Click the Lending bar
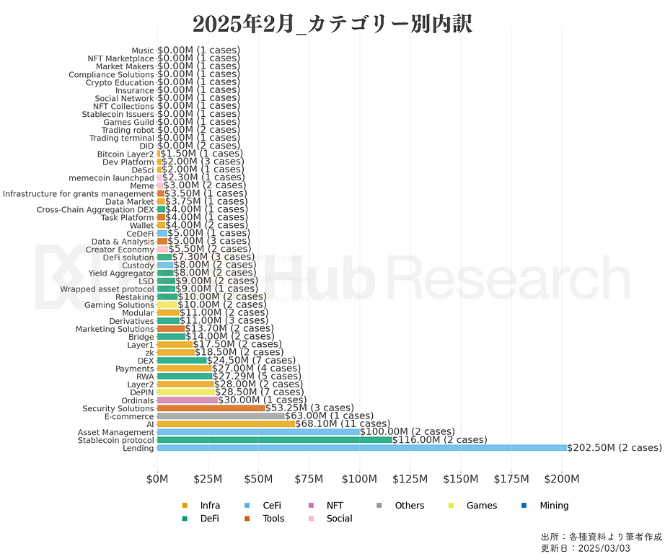coord(361,448)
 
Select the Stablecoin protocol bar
coord(274,440)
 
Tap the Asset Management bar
coord(258,432)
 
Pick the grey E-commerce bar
coord(221,416)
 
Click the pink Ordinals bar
coord(188,400)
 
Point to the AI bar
coord(226,424)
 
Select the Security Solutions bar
coord(211,408)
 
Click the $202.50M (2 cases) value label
coord(614,448)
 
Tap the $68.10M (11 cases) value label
coord(343,424)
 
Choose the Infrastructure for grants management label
coord(78,193)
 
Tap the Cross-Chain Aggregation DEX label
coord(95,210)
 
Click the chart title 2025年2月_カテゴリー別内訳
coord(332,22)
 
